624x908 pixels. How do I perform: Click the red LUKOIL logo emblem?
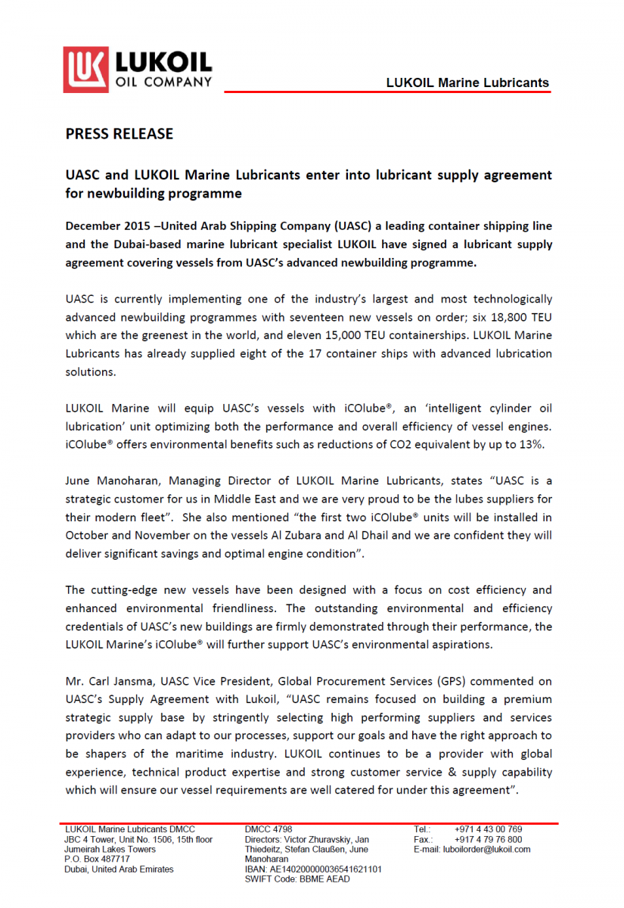[85, 69]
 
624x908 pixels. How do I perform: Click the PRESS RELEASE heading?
[120, 134]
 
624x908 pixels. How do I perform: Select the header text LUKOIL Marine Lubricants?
[467, 82]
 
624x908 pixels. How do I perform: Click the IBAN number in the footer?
[313, 869]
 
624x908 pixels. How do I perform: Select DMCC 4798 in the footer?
[269, 829]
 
